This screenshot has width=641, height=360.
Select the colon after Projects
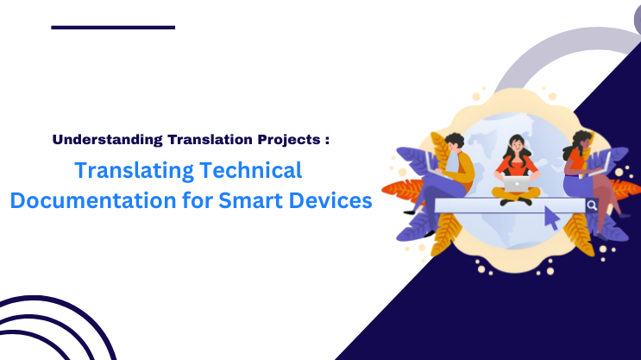click(x=327, y=138)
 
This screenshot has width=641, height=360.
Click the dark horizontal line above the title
click(x=113, y=27)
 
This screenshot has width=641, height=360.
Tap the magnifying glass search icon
click(x=592, y=205)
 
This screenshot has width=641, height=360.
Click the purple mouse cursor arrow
click(x=550, y=218)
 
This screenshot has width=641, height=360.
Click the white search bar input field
click(x=509, y=205)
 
